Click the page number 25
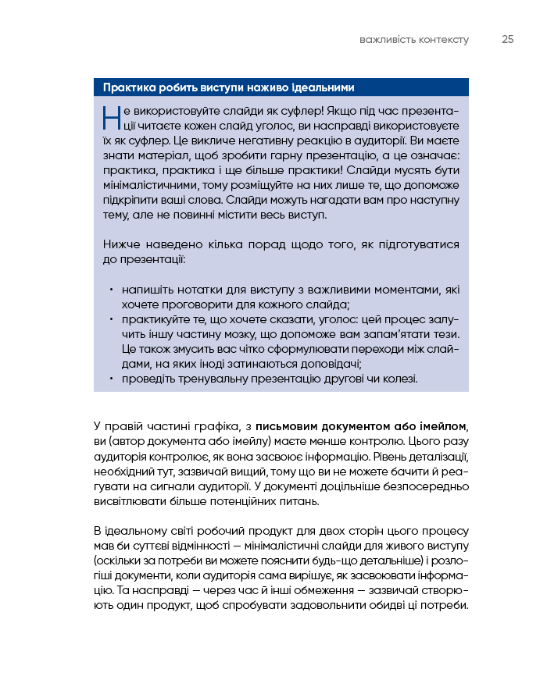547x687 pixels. point(508,40)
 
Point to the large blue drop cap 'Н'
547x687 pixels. point(111,118)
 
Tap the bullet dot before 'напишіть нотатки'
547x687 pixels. point(112,290)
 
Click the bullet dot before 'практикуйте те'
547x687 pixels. point(112,319)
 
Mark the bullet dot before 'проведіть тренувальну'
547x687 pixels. point(112,379)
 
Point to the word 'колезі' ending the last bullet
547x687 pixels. point(400,379)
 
